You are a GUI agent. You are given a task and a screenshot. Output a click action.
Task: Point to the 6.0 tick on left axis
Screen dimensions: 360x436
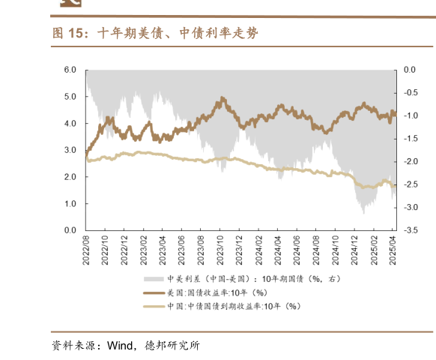70,70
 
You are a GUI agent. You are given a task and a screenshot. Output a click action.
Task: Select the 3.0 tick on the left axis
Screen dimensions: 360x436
70,150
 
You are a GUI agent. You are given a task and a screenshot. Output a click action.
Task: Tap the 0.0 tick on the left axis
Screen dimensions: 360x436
70,230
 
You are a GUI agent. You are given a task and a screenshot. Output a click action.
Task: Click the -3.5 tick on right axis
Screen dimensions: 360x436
410,230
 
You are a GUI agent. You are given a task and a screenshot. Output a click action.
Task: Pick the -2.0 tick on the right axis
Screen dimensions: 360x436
410,161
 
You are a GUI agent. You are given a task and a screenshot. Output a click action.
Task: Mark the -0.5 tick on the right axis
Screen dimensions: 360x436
410,93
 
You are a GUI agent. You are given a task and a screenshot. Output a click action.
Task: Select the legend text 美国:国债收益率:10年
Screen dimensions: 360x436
207,292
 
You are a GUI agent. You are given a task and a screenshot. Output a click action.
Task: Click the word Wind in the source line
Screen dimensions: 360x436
122,346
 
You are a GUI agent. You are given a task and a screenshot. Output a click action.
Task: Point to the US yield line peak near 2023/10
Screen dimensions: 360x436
223,99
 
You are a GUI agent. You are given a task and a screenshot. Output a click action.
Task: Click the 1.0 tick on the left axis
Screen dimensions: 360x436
70,203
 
